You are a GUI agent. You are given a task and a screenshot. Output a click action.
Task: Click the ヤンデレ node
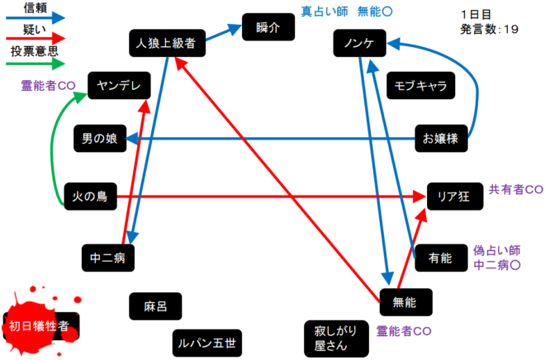coord(119,86)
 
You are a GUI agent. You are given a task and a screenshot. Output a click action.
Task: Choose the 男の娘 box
coord(100,139)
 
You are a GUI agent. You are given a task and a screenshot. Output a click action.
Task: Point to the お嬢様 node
coord(441,139)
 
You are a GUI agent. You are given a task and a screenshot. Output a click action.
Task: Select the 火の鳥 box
coord(91,196)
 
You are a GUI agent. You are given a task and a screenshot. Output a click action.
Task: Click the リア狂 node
coord(453,196)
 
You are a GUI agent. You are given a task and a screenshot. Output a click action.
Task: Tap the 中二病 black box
coord(107,258)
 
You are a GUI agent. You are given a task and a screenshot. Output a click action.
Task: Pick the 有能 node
coord(441,258)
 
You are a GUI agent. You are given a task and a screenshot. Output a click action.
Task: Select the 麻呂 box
coord(155,306)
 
